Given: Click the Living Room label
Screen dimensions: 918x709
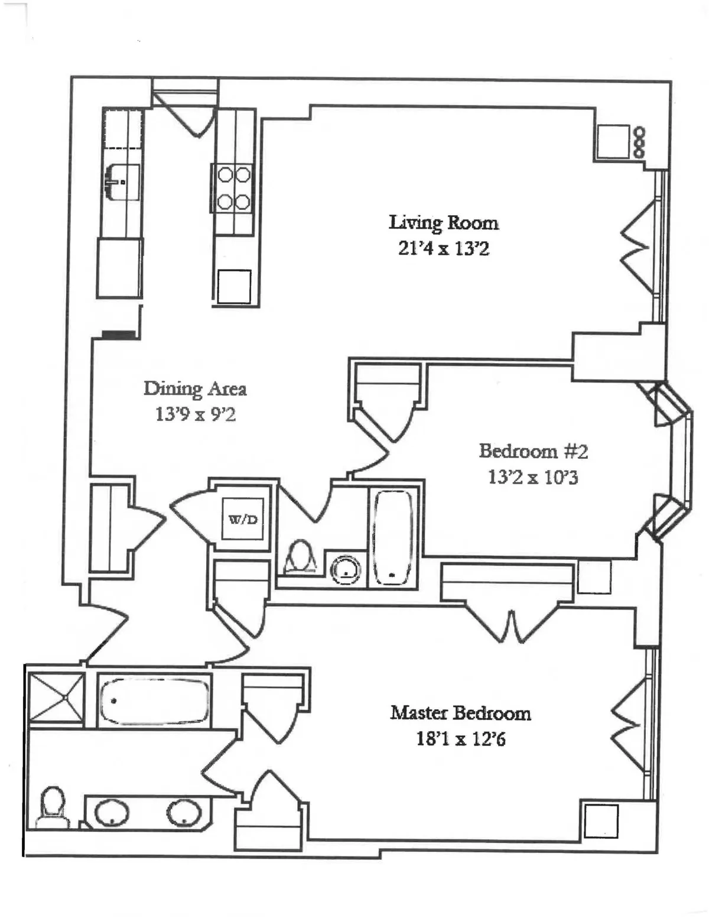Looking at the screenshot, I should [443, 223].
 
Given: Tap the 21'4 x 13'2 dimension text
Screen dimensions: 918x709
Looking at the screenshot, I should [443, 248].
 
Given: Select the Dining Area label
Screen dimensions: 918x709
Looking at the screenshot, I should [195, 388].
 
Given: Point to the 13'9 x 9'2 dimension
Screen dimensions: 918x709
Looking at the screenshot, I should [195, 414].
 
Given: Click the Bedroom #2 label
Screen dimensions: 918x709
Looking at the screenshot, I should [533, 451].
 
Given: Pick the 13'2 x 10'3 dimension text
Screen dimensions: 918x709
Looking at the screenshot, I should [533, 477].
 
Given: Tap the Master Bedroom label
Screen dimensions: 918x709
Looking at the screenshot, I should [460, 713].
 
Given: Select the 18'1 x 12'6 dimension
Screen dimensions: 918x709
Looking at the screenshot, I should [460, 739].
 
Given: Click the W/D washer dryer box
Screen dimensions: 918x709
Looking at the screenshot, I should [243, 520].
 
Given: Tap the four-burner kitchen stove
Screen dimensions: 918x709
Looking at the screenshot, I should [234, 188].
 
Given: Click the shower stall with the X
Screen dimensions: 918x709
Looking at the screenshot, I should [56, 698].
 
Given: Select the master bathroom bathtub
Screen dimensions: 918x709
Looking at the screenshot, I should [154, 700].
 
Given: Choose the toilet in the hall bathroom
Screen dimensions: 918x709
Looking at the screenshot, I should [300, 557].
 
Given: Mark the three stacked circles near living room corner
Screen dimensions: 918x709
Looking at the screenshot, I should [639, 142].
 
